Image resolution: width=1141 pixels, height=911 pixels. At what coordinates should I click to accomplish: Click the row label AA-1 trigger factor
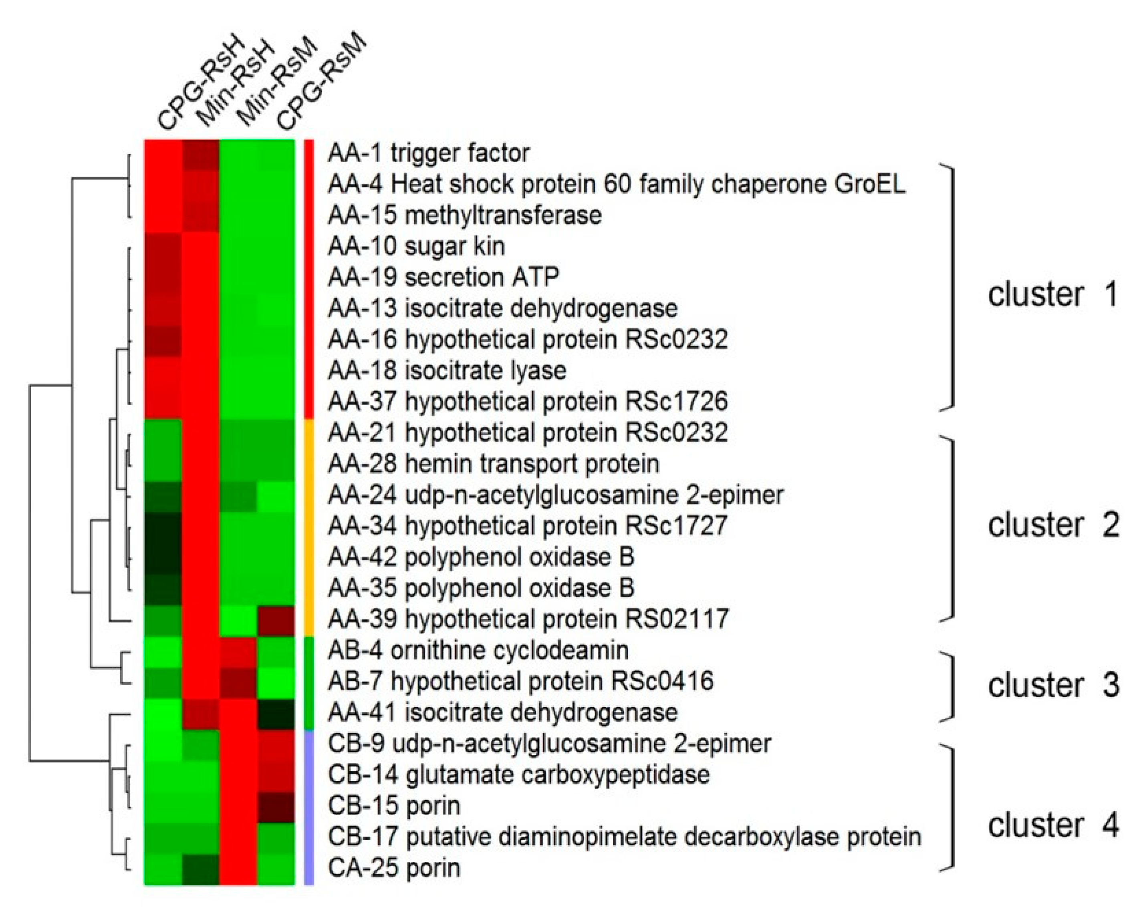(x=428, y=153)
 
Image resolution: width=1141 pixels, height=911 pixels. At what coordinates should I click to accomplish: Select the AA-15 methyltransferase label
(x=465, y=215)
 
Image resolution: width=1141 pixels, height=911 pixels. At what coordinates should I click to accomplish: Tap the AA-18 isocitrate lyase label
(x=447, y=370)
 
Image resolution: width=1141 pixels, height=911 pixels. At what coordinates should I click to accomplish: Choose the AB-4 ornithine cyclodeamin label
(x=478, y=650)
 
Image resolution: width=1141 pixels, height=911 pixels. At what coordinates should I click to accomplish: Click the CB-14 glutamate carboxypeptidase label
(x=519, y=774)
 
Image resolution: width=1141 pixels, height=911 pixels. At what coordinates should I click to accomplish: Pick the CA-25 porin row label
(x=394, y=868)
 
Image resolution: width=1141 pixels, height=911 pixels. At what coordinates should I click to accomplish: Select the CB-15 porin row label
(x=394, y=806)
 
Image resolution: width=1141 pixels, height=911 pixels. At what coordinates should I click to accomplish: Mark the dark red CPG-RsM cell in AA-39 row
(x=276, y=619)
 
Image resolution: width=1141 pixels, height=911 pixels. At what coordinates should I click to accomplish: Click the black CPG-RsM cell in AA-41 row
(x=276, y=713)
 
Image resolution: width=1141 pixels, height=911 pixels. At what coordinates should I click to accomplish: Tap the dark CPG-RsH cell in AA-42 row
(x=163, y=557)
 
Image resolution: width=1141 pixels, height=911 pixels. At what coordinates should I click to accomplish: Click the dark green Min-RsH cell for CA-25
(x=201, y=868)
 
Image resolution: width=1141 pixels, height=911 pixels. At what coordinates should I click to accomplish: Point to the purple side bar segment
(x=309, y=806)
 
